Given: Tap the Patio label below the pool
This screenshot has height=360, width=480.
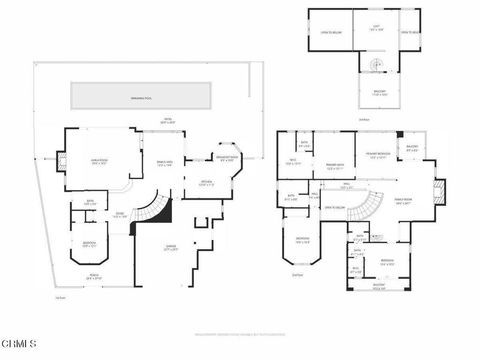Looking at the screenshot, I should tap(168, 121).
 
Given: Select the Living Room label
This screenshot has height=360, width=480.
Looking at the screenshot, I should tap(101, 160).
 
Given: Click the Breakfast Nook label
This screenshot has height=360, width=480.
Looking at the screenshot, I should tap(227, 157).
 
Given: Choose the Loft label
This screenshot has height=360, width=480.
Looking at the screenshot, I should tap(375, 28).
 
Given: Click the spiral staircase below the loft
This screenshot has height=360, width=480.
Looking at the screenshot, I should tap(377, 66).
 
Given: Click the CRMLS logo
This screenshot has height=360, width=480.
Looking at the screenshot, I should tap(19, 344).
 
